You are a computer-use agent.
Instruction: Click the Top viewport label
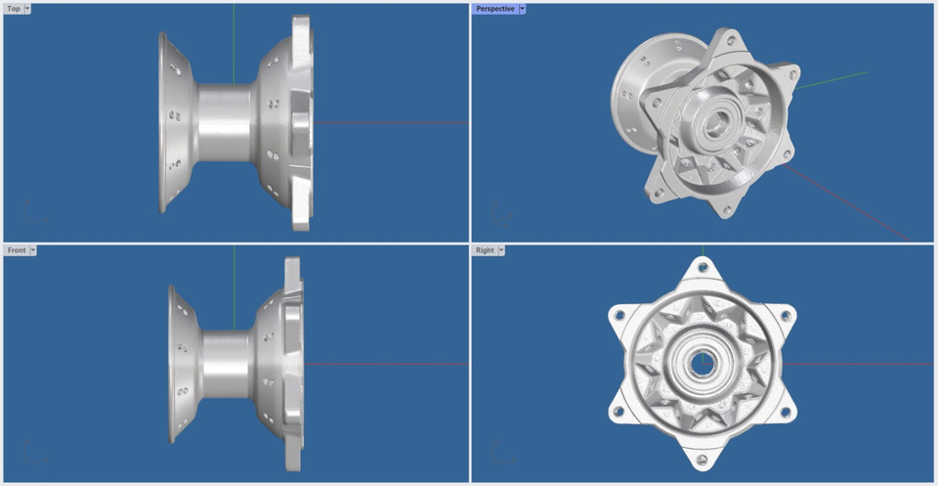(14, 9)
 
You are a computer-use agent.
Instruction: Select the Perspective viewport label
(495, 9)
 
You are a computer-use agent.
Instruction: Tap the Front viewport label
(17, 250)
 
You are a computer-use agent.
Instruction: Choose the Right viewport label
(485, 250)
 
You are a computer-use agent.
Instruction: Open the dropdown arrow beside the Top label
(26, 9)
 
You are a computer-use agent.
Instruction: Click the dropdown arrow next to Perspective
(523, 9)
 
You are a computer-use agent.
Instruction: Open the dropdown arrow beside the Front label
(33, 250)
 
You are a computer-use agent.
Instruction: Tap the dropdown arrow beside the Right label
(501, 250)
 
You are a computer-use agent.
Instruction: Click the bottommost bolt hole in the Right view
(702, 459)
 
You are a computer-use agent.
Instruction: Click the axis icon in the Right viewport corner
(498, 453)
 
